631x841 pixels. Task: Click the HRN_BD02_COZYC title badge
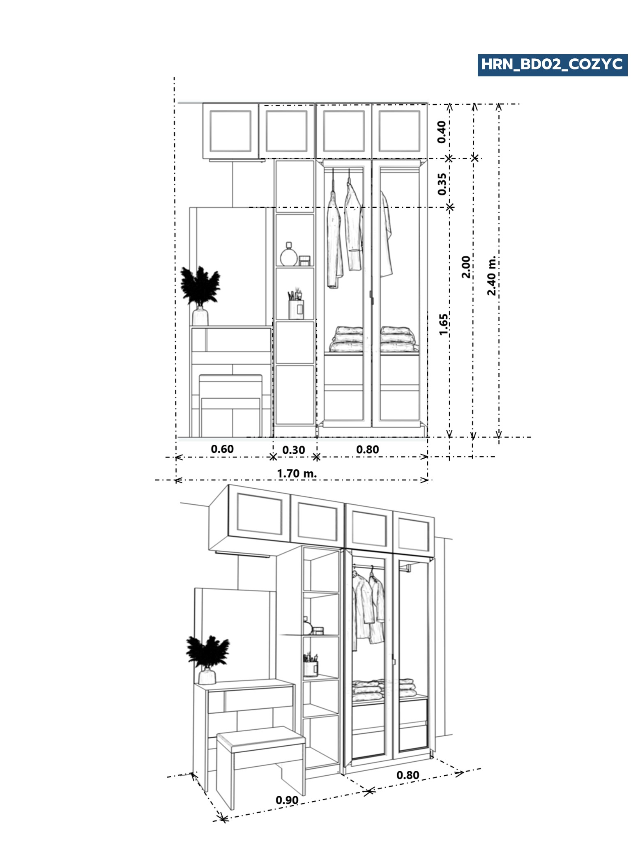click(552, 65)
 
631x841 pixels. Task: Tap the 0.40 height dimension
click(442, 132)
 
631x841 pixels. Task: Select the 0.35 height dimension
click(442, 184)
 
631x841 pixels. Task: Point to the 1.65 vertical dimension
click(443, 324)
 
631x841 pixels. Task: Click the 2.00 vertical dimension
click(466, 267)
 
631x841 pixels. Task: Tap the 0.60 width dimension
click(222, 449)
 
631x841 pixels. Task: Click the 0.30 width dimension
click(294, 450)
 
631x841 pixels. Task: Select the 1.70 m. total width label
click(297, 473)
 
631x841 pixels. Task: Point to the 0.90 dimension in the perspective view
click(287, 800)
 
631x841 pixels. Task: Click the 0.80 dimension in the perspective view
click(408, 775)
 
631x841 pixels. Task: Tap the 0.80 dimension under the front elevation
click(367, 449)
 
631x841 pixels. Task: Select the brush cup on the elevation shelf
click(296, 306)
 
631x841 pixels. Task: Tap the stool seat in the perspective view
click(261, 737)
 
